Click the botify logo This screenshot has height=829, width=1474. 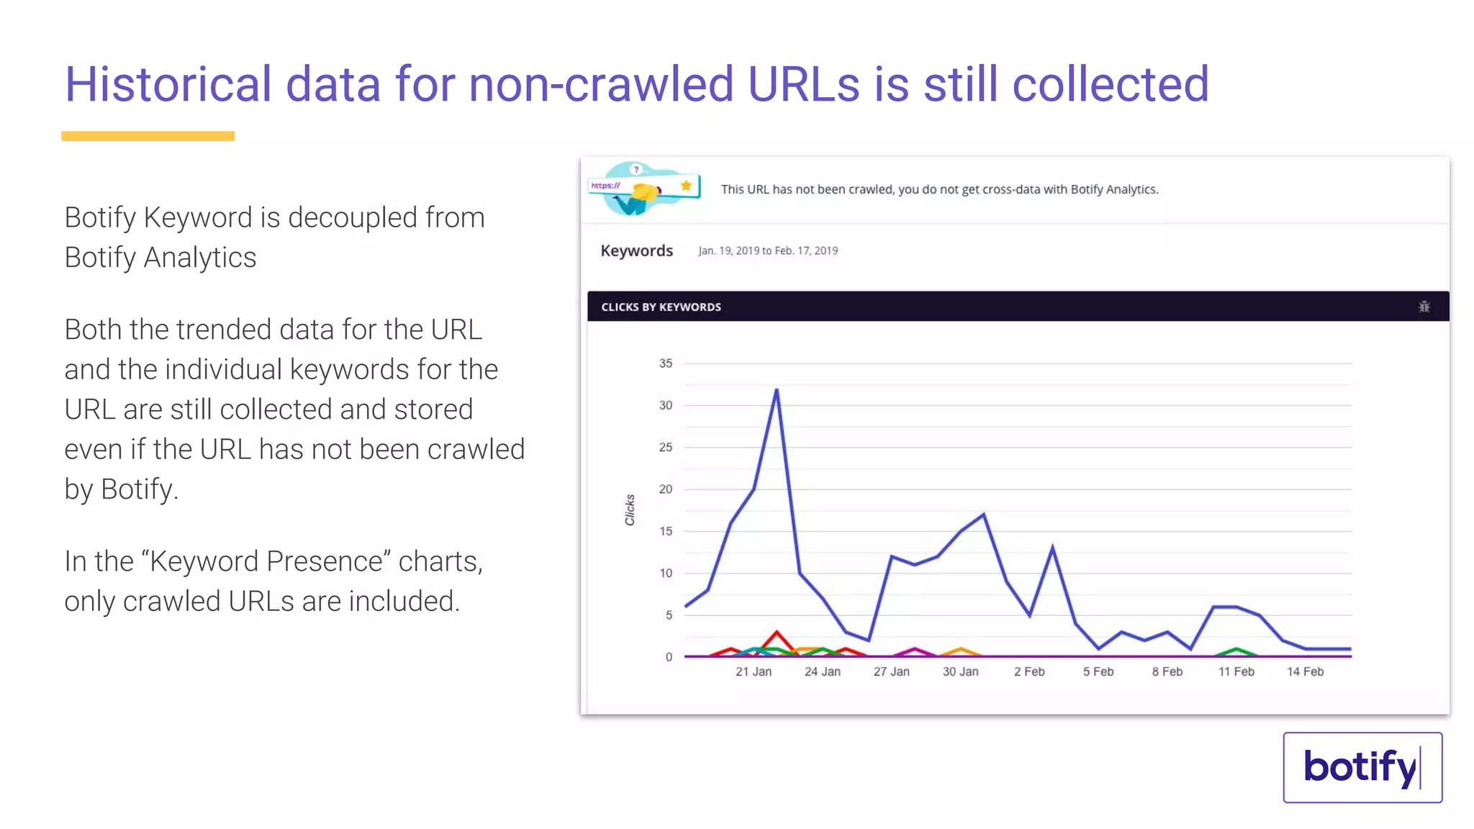coord(1362,767)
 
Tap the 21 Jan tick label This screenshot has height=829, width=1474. coord(753,671)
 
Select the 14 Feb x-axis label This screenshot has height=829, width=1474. coord(1305,671)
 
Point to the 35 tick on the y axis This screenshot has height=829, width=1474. coord(666,363)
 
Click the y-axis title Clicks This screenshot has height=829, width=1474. coord(630,509)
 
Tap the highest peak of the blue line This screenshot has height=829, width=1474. coord(777,390)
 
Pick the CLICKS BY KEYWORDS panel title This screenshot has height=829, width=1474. coord(661,307)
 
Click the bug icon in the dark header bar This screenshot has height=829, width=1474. coord(1424,307)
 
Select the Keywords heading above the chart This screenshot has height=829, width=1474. coord(636,250)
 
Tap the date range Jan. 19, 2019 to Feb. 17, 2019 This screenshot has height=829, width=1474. coord(768,250)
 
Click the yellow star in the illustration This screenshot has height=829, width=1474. coord(686,186)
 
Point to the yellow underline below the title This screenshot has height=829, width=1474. coord(148,136)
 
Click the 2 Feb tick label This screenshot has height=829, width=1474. coord(1029,671)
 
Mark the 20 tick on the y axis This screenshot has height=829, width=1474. coord(666,489)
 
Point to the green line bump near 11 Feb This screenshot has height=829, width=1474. coord(1236,649)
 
